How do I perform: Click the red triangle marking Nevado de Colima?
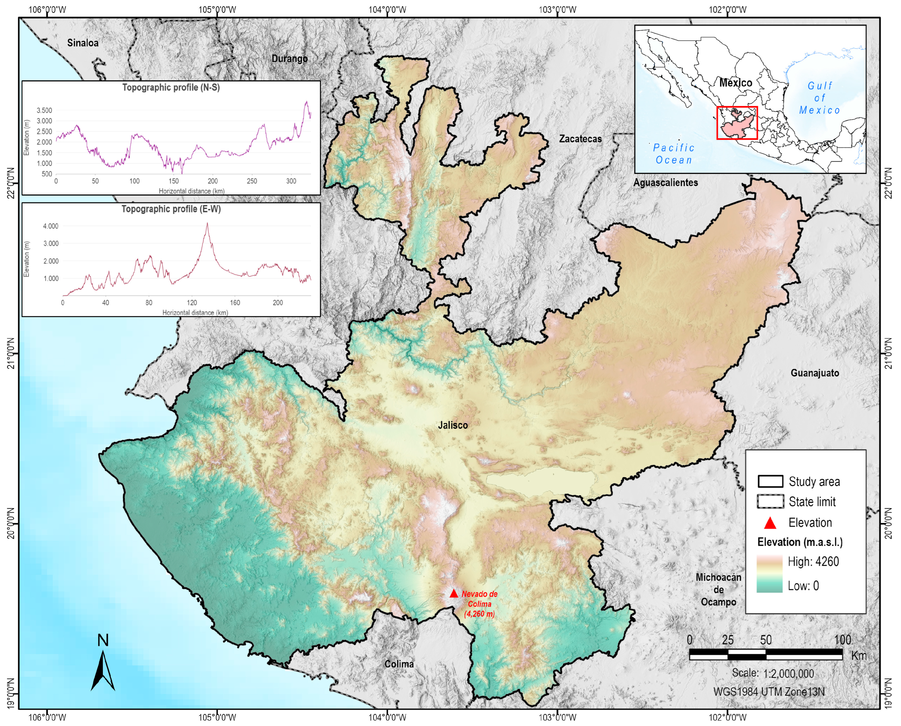tap(454, 593)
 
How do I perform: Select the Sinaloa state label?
tap(83, 43)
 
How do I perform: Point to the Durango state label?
tap(290, 59)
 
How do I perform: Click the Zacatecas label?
tap(580, 139)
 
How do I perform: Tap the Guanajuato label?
tap(814, 373)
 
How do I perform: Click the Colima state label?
tap(399, 664)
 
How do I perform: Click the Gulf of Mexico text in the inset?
tap(820, 98)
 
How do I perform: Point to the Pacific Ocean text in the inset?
tap(673, 154)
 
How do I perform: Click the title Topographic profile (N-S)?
tap(171, 87)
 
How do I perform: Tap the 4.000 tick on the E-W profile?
tap(51, 226)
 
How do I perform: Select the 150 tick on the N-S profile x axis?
tap(173, 181)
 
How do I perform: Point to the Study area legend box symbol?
tap(770, 481)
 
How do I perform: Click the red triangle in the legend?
tap(770, 523)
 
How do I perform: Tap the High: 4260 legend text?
tap(813, 562)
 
